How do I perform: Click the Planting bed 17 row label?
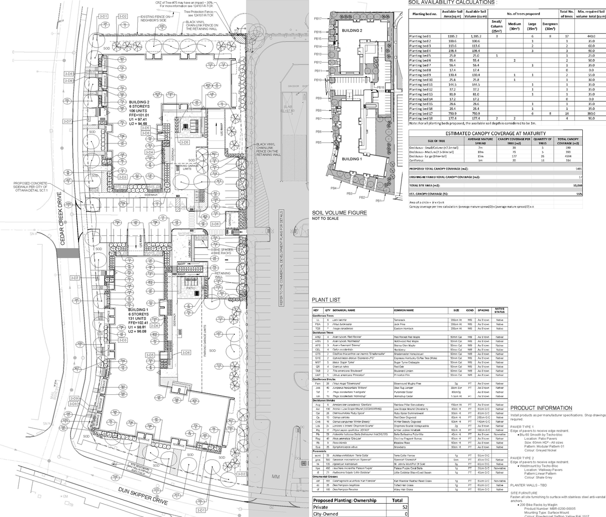click(421, 114)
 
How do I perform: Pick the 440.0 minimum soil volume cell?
click(591, 36)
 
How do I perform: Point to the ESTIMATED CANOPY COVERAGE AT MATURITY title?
click(495, 134)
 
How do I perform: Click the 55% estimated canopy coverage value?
click(579, 194)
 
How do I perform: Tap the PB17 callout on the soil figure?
click(318, 18)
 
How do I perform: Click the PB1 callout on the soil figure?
click(378, 201)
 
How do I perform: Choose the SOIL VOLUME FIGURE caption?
click(339, 213)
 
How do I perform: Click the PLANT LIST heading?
click(326, 300)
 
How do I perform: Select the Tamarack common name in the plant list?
click(402, 320)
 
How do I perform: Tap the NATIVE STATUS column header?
click(499, 310)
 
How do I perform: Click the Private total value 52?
click(405, 507)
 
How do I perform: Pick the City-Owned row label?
click(326, 514)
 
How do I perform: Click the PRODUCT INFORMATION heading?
click(541, 408)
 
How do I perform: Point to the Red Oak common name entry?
click(399, 366)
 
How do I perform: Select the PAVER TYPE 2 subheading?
click(522, 458)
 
